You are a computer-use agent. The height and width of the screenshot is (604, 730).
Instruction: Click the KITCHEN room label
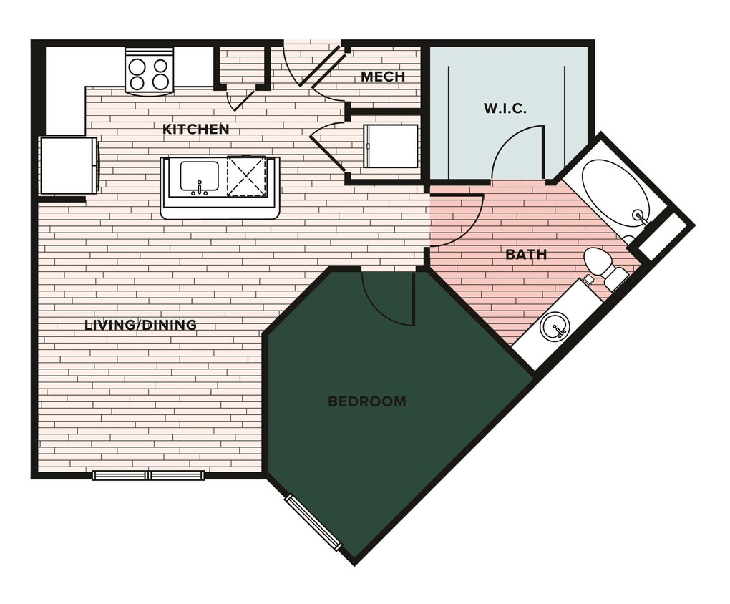click(x=195, y=130)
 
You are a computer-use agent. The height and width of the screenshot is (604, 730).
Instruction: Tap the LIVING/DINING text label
click(x=140, y=325)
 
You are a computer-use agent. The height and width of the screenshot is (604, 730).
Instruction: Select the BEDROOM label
click(x=366, y=401)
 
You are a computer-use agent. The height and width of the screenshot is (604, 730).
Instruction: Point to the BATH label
click(x=526, y=254)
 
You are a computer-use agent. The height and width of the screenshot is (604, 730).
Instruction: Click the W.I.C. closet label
click(x=505, y=109)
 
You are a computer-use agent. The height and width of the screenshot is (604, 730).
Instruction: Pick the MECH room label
click(x=383, y=77)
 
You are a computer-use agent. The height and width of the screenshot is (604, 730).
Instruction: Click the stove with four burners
click(x=149, y=72)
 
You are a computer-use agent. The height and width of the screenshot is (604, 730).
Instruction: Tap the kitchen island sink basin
click(x=199, y=177)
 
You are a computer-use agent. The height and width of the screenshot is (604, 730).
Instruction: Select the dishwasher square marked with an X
click(x=246, y=176)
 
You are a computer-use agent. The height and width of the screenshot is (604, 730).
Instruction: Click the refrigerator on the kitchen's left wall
click(x=68, y=165)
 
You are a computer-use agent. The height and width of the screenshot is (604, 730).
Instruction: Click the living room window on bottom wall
click(x=148, y=475)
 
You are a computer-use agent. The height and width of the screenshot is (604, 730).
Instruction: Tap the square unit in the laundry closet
click(x=390, y=147)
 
